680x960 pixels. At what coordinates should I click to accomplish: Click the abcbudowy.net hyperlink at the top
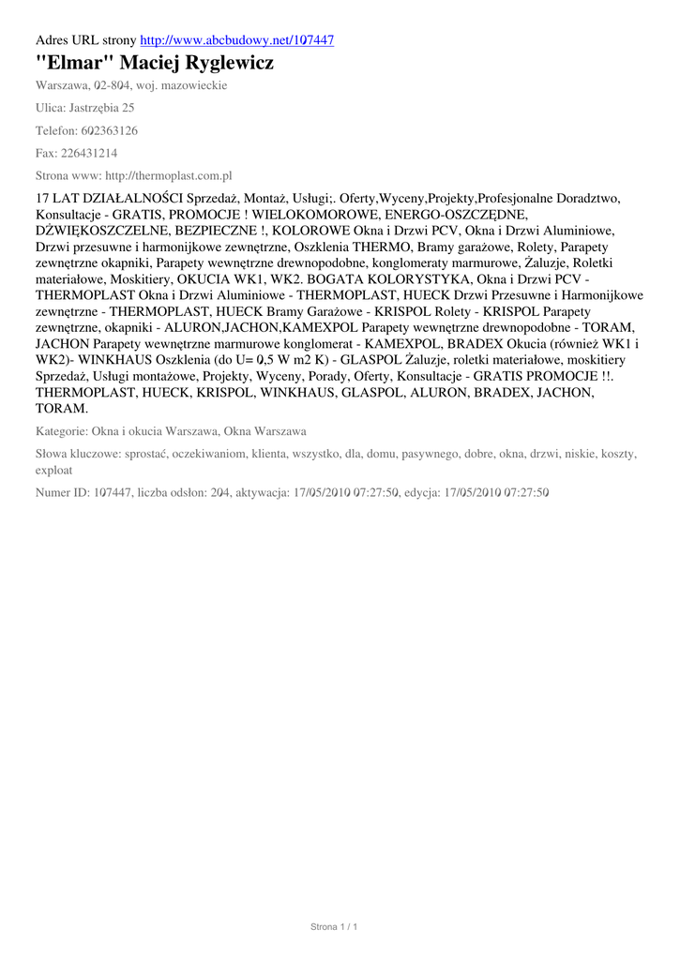236,40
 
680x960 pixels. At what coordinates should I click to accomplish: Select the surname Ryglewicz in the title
229,64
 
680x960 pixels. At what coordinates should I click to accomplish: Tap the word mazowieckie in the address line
194,85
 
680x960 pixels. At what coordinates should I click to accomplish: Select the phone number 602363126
107,130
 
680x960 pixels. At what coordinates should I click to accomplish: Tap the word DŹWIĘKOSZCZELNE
102,230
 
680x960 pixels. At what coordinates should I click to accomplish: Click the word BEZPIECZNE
219,230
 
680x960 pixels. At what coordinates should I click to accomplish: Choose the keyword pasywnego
431,454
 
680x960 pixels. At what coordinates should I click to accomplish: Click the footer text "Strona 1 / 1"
335,927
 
